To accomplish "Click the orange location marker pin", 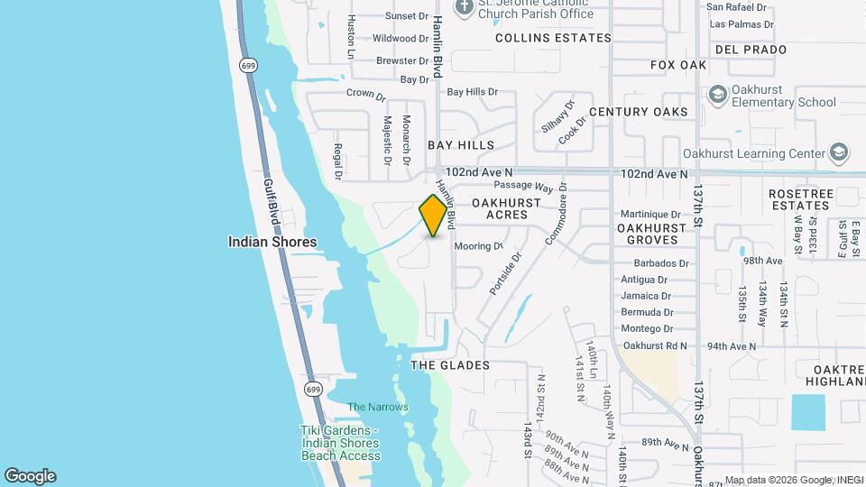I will [435, 216].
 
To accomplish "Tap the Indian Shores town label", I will [272, 242].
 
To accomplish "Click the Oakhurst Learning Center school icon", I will [839, 152].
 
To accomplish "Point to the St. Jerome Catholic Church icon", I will [465, 8].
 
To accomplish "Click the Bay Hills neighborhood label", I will [461, 145].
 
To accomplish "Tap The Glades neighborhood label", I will [450, 365].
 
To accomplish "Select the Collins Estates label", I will [553, 38].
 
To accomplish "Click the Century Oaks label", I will [638, 112].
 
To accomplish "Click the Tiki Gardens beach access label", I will [339, 443].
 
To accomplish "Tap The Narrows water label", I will [378, 407].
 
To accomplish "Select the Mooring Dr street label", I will [478, 246].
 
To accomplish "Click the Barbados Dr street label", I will [655, 263].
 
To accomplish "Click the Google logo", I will [30, 475].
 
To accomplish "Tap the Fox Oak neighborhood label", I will [678, 65].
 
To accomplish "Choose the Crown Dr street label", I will [365, 94].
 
